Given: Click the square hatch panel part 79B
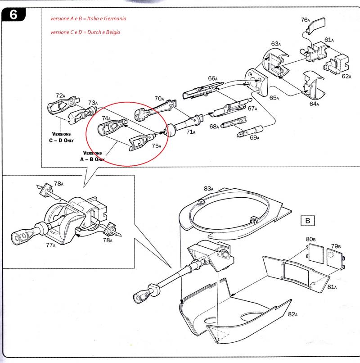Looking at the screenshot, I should click(x=335, y=256).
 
